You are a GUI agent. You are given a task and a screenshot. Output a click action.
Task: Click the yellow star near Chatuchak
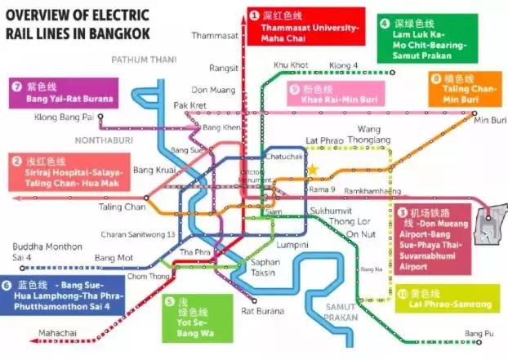[313, 170]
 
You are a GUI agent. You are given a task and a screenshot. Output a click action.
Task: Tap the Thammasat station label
[215, 36]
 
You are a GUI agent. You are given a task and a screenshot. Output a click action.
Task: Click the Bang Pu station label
[478, 333]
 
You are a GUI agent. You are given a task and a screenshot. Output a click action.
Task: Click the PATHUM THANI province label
[145, 60]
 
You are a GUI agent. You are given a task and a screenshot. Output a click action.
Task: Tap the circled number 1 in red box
[254, 16]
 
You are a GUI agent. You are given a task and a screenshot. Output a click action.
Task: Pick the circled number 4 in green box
[385, 24]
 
